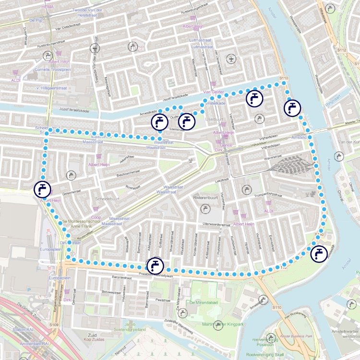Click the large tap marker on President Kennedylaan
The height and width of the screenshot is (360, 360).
[x=155, y=265]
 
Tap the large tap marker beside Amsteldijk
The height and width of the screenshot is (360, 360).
[x=318, y=253]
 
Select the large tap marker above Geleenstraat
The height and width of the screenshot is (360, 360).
[x=42, y=189]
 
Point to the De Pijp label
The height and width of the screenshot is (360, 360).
[x=36, y=21]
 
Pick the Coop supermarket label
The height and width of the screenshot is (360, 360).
[x=96, y=217]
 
